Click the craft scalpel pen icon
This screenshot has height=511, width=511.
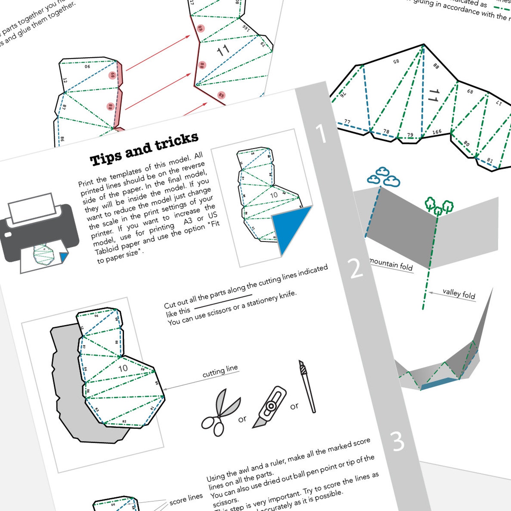pyautogui.click(x=307, y=386)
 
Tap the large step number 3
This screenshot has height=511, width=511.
pyautogui.click(x=398, y=441)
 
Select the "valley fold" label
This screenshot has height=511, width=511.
pyautogui.click(x=459, y=293)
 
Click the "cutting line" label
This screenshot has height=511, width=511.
pyautogui.click(x=220, y=371)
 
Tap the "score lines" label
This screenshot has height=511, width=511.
pyautogui.click(x=186, y=498)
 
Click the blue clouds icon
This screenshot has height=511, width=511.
pyautogui.click(x=384, y=177)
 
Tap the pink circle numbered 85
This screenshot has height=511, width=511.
pyautogui.click(x=221, y=95)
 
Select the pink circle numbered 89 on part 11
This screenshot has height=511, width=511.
pyautogui.click(x=200, y=28)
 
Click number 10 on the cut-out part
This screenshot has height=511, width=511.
pyautogui.click(x=123, y=368)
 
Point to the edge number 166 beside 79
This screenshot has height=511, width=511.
pyautogui.click(x=437, y=132)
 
